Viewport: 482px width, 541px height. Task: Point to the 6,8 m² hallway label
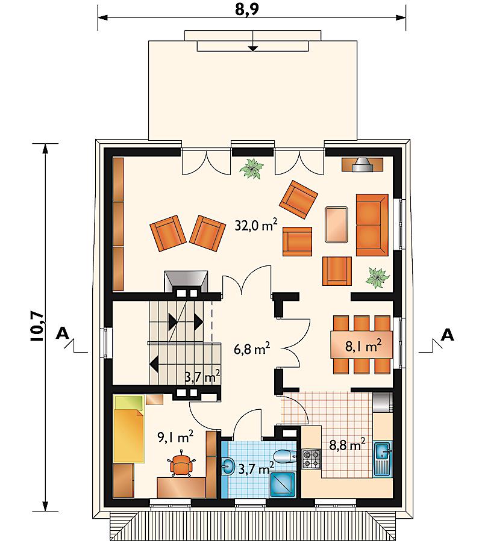[x=252, y=349]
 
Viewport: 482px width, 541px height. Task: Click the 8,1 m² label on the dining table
[x=363, y=345]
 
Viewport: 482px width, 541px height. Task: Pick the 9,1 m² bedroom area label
[x=175, y=437]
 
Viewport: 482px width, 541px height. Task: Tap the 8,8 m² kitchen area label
[x=347, y=444]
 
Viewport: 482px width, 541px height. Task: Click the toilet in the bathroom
[x=285, y=456]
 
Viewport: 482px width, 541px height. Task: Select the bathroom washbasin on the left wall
[x=228, y=466]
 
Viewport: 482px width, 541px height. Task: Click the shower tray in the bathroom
[x=283, y=484]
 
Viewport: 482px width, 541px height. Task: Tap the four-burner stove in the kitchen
[x=311, y=459]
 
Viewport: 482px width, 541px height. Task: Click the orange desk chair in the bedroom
[x=181, y=463]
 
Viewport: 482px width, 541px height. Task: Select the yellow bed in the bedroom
[x=128, y=429]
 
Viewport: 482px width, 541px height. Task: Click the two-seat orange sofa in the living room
[x=372, y=225]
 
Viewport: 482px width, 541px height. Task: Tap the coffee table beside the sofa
[x=337, y=224]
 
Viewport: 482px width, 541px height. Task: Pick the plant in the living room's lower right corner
[x=378, y=277]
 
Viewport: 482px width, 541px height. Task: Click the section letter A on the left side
[x=63, y=333]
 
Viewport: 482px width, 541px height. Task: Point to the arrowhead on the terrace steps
[x=253, y=49]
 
